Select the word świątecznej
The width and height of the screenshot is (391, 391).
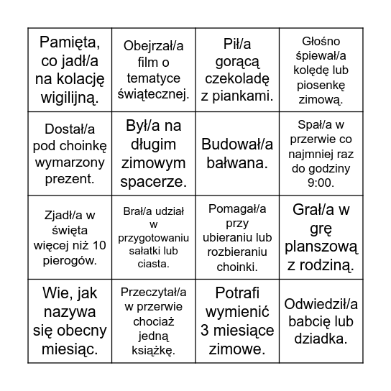pyautogui.click(x=152, y=94)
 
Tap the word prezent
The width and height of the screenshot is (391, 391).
pyautogui.click(x=70, y=178)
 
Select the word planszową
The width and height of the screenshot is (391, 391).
pyautogui.click(x=321, y=247)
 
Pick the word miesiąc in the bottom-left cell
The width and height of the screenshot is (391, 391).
pyautogui.click(x=70, y=350)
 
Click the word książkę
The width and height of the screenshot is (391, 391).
pyautogui.click(x=152, y=350)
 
